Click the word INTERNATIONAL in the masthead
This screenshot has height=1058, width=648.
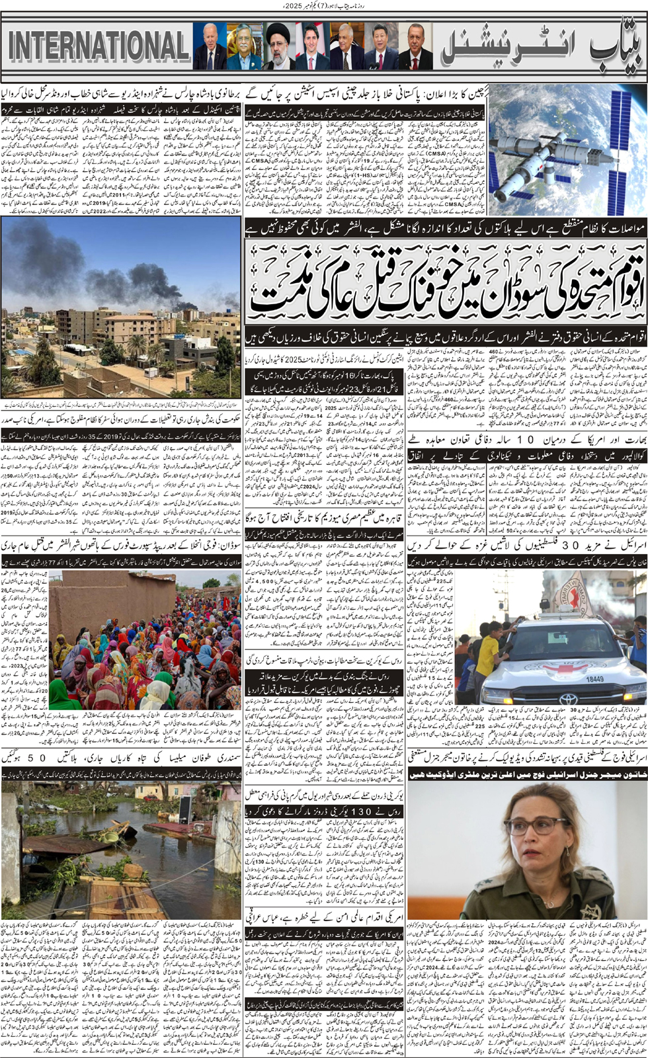pyautogui.click(x=98, y=46)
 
